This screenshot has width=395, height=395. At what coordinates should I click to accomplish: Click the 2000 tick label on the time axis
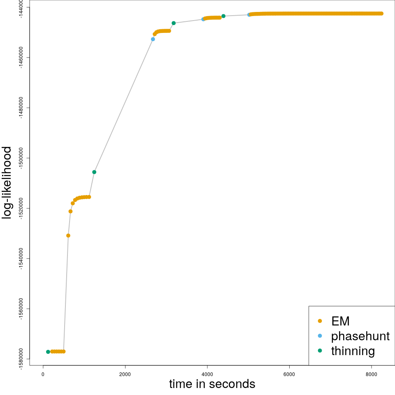(x=125, y=374)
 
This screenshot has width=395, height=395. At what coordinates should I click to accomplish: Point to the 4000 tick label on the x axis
(x=207, y=374)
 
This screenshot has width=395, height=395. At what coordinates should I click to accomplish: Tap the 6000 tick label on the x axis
(x=289, y=374)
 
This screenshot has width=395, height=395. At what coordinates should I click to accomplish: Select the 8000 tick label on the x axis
(x=372, y=374)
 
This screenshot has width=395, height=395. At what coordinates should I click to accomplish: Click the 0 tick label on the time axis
(x=43, y=374)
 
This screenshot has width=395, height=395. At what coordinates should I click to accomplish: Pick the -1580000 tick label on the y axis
(x=21, y=359)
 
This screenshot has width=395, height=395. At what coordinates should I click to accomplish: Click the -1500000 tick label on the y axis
(x=21, y=158)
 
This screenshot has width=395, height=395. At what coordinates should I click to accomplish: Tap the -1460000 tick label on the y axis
(x=21, y=58)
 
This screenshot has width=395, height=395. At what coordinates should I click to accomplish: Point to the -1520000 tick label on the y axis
(x=21, y=208)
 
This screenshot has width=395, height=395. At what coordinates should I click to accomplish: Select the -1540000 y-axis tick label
(x=21, y=258)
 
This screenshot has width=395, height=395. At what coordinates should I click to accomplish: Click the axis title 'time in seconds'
(x=212, y=384)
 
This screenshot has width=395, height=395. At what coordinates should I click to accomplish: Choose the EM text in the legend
(x=340, y=321)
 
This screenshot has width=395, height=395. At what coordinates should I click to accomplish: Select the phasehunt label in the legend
(x=360, y=336)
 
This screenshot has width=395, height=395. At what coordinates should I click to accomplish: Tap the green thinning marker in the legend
(x=320, y=351)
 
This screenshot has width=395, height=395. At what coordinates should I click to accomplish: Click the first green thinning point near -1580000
(x=48, y=352)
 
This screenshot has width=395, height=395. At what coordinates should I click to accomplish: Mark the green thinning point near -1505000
(x=94, y=172)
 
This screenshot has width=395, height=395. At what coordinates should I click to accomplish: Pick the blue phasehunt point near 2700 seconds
(x=153, y=39)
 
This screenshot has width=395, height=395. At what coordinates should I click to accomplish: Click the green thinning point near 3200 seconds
(x=174, y=23)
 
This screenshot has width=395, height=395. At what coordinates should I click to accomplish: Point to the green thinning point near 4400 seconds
(x=223, y=16)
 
